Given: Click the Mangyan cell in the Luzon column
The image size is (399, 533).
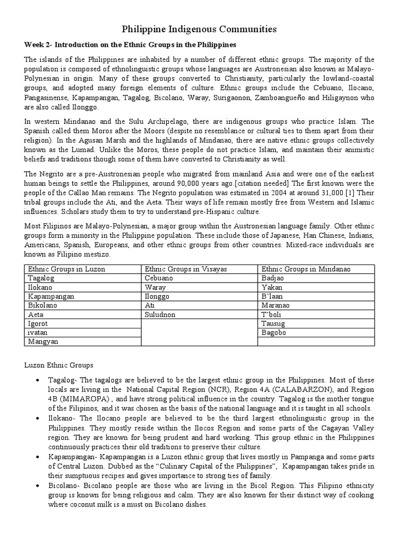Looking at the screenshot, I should (x=43, y=341).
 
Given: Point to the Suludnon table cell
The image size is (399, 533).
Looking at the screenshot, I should (x=161, y=314).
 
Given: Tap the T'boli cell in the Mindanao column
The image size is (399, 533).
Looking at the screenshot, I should (x=273, y=314).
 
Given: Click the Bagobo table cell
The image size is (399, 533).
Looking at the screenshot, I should (x=274, y=332).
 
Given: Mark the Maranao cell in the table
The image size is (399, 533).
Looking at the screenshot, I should (x=276, y=306).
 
